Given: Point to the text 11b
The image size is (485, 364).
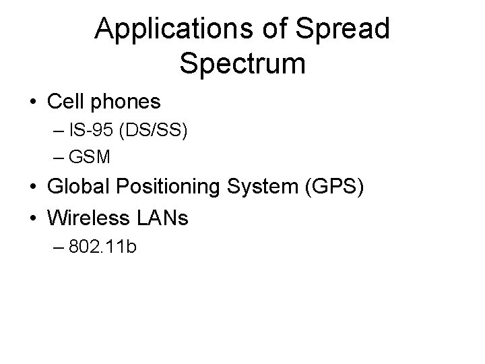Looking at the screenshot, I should [x=123, y=247].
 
